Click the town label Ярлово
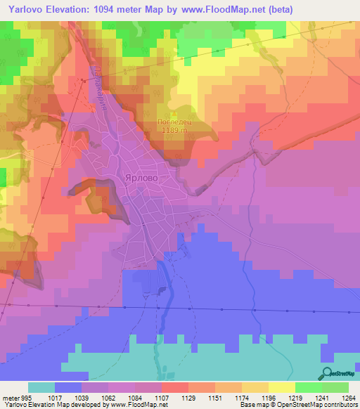(146, 178)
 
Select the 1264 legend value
(348, 396)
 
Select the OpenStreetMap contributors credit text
(321, 405)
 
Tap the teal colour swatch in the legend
(41, 387)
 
